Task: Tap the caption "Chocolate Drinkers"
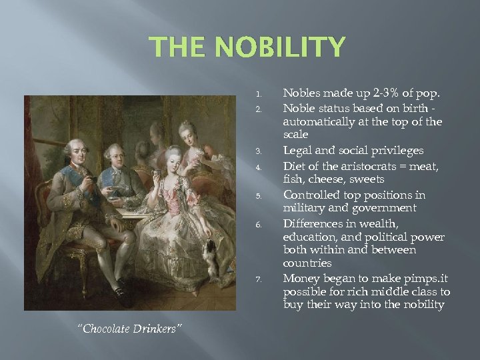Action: coord(130,329)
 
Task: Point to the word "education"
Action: coord(309,237)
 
